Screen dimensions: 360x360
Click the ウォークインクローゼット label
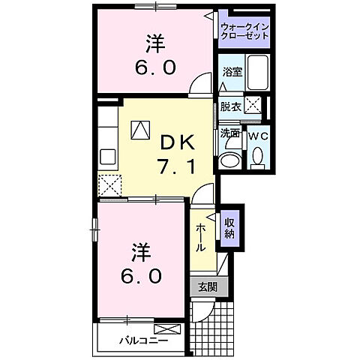pos(243,32)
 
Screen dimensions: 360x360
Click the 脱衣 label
pos(230,106)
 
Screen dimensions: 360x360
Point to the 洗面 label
pos(229,133)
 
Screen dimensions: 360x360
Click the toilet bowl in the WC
pos(257,155)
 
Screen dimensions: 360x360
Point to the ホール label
pos(201,238)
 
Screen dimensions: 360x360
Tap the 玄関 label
pos(207,287)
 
